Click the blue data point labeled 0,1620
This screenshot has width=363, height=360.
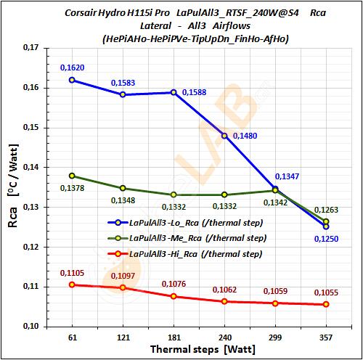click(x=71, y=80)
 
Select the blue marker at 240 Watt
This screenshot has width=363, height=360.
click(x=224, y=136)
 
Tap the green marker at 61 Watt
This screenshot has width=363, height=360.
click(x=71, y=176)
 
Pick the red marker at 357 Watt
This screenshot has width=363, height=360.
click(x=325, y=305)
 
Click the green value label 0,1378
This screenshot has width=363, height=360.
click(x=71, y=189)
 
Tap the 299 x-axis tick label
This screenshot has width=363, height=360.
click(x=275, y=337)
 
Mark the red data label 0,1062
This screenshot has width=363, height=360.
click(x=224, y=290)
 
